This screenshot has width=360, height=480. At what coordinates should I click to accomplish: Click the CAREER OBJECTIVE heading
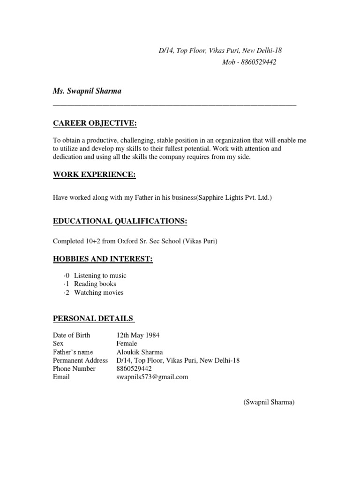tap(95, 123)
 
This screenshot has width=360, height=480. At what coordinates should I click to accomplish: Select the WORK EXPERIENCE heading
tap(94, 175)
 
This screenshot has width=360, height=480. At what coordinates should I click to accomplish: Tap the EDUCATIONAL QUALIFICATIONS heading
tap(120, 221)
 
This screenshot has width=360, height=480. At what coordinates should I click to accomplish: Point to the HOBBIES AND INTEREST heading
tap(103, 259)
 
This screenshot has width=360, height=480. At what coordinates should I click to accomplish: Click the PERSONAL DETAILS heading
tap(94, 319)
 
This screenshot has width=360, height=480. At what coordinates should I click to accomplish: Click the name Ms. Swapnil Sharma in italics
tap(87, 91)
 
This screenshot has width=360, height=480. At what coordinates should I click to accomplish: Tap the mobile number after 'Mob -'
tap(257, 62)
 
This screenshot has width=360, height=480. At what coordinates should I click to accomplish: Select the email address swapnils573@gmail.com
tap(152, 377)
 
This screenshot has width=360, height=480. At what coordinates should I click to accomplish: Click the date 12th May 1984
tap(138, 335)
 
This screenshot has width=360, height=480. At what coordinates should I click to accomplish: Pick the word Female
tap(127, 344)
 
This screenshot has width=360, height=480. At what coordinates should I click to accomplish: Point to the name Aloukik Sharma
tap(140, 352)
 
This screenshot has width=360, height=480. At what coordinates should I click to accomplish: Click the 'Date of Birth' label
tap(72, 335)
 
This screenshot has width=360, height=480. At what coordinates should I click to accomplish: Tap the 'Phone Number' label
tap(74, 368)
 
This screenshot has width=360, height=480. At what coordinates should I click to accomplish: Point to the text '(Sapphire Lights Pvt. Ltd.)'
tap(233, 198)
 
